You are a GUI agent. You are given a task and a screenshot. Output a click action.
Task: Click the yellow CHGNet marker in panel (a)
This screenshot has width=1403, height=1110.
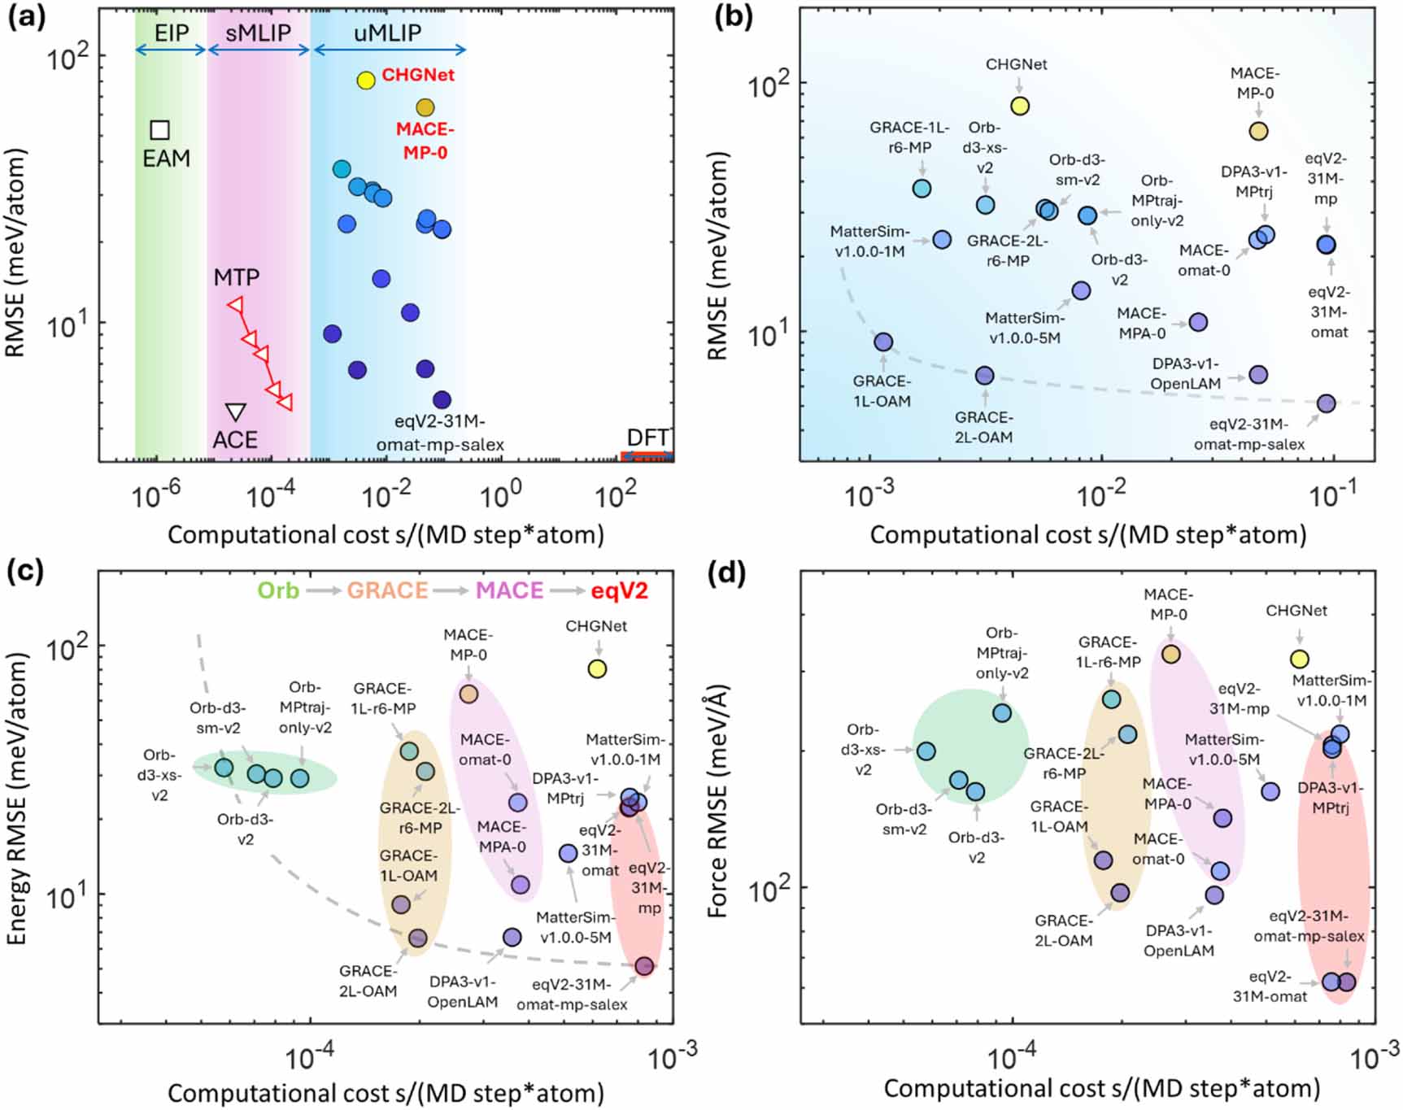point(366,80)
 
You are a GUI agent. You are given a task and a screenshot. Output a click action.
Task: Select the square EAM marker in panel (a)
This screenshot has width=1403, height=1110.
point(160,130)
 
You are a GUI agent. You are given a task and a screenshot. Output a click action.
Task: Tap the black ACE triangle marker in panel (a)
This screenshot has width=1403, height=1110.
point(236,411)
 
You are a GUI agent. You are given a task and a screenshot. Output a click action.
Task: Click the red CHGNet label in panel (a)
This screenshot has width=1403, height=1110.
point(418,75)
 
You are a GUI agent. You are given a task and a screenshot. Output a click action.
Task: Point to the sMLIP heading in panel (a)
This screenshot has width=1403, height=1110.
point(258,33)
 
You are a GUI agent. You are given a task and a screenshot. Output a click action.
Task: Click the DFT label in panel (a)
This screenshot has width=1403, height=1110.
point(647,437)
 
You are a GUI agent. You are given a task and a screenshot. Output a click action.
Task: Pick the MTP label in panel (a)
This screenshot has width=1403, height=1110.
point(237,277)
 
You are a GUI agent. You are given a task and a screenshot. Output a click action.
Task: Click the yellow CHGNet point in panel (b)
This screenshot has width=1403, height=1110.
point(1020,106)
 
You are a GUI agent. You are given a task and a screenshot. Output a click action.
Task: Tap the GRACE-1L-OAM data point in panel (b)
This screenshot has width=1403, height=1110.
point(883,342)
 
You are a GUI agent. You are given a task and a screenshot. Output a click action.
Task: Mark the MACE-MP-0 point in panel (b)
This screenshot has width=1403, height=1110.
point(1258,131)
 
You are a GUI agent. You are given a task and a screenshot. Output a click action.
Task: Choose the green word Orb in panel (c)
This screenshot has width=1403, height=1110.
point(278,590)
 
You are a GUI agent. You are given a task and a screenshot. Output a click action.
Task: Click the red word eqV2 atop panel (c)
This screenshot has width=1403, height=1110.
point(620,590)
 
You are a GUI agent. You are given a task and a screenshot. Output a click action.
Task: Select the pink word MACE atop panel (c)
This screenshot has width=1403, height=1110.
point(509,590)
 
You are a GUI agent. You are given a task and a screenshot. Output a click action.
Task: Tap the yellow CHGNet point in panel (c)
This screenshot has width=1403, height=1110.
point(598,668)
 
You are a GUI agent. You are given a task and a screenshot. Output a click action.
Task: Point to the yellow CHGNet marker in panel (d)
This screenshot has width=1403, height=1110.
point(1300,659)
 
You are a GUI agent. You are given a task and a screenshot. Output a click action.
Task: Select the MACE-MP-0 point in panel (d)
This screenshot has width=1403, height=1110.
point(1170,654)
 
